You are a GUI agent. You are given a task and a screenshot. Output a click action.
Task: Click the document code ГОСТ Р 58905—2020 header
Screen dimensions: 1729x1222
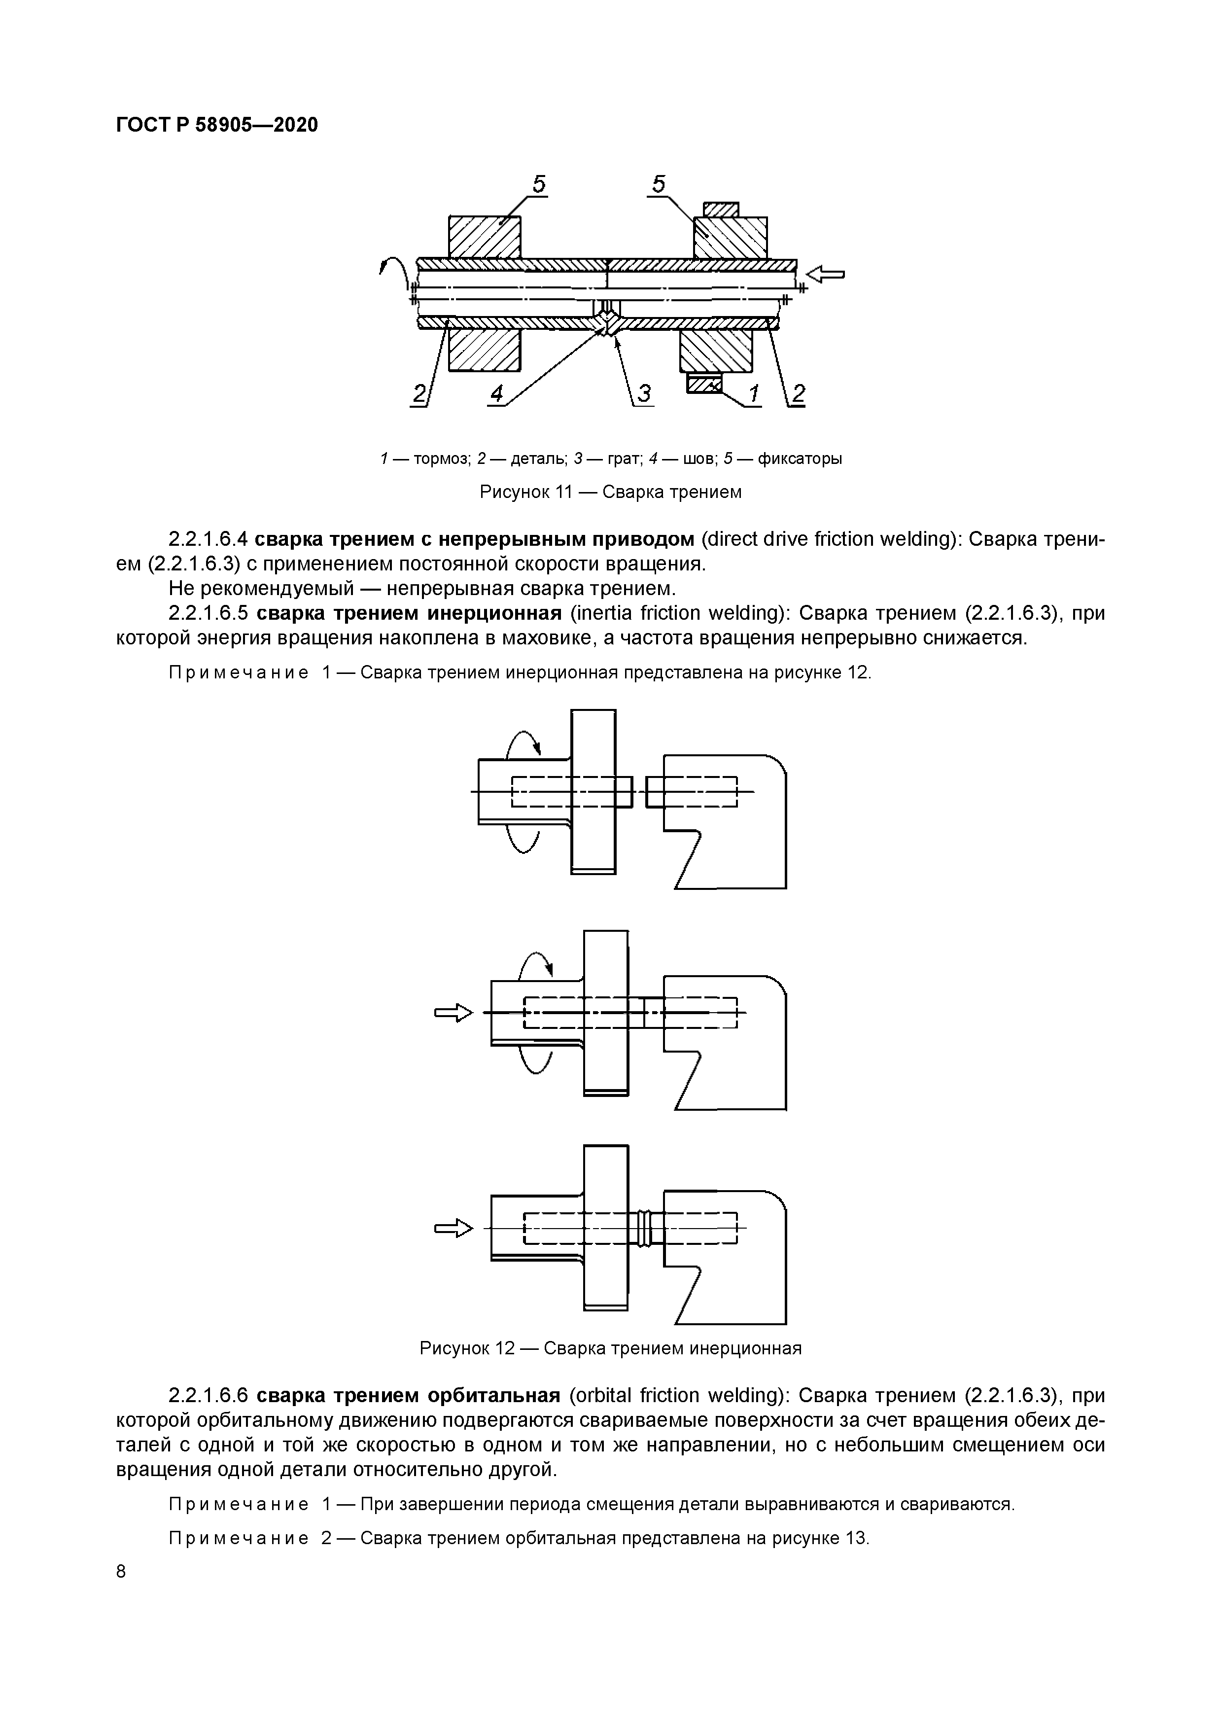217,124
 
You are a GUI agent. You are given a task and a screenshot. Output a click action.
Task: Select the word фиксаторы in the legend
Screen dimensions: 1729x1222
799,459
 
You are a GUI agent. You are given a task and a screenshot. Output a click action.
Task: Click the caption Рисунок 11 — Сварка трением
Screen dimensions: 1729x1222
611,492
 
